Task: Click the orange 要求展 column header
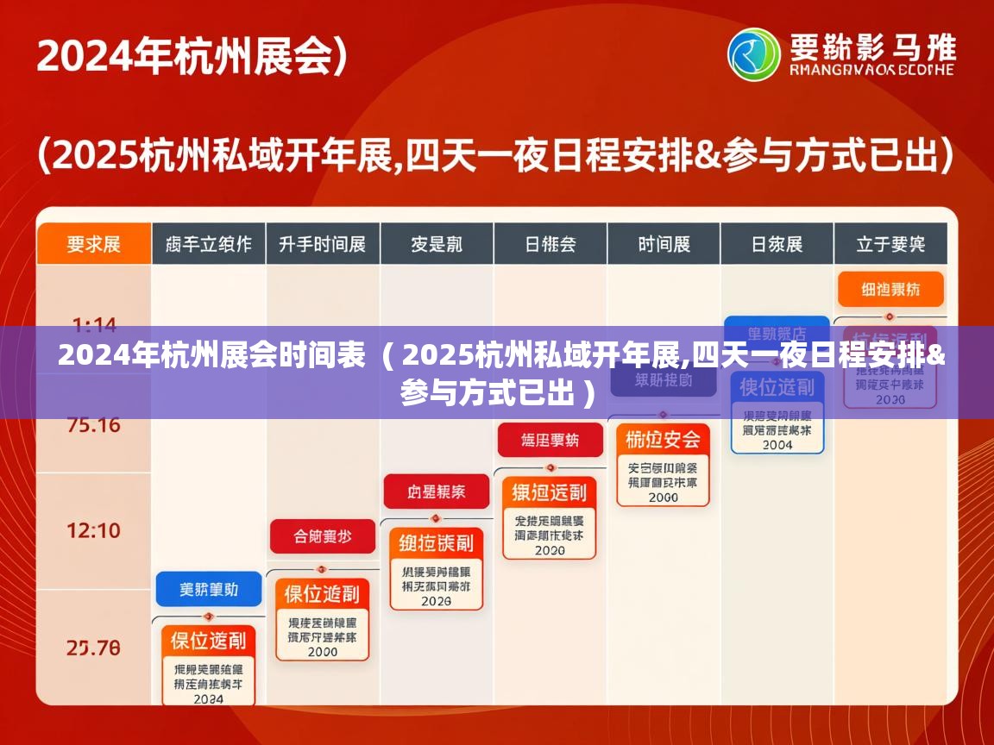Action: coord(94,244)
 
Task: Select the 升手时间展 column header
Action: coord(323,244)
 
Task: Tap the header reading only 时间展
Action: coord(664,244)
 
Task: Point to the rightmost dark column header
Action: coord(890,244)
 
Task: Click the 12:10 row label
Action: coord(94,530)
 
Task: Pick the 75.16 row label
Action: coord(94,425)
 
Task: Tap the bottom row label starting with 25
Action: coord(94,648)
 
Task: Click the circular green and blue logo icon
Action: coord(753,54)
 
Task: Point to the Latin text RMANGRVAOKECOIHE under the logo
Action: coord(872,70)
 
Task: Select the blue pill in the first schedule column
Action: coord(208,590)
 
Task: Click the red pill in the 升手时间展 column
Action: coord(323,536)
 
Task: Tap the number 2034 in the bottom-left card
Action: coord(208,699)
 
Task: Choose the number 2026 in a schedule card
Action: coord(436,601)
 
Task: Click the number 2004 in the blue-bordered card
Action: coord(777,445)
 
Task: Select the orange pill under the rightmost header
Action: coord(890,290)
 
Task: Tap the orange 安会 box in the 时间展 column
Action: coord(663,440)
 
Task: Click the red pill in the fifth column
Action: coord(550,441)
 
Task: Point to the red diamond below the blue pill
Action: coord(208,617)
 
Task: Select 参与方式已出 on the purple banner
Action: coord(488,394)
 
